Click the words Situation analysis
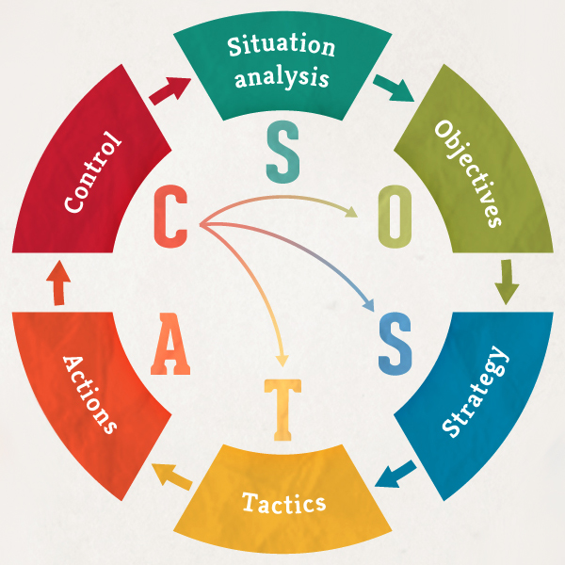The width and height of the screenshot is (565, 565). click(x=282, y=61)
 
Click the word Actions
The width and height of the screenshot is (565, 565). click(x=90, y=393)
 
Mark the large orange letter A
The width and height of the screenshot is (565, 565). click(x=170, y=341)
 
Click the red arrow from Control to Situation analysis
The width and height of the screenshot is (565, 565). click(x=169, y=90)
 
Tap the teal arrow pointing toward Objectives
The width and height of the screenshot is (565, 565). click(x=393, y=88)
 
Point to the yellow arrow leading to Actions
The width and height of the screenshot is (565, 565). click(x=170, y=474)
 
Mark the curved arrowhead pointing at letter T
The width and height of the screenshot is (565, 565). click(x=280, y=359)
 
